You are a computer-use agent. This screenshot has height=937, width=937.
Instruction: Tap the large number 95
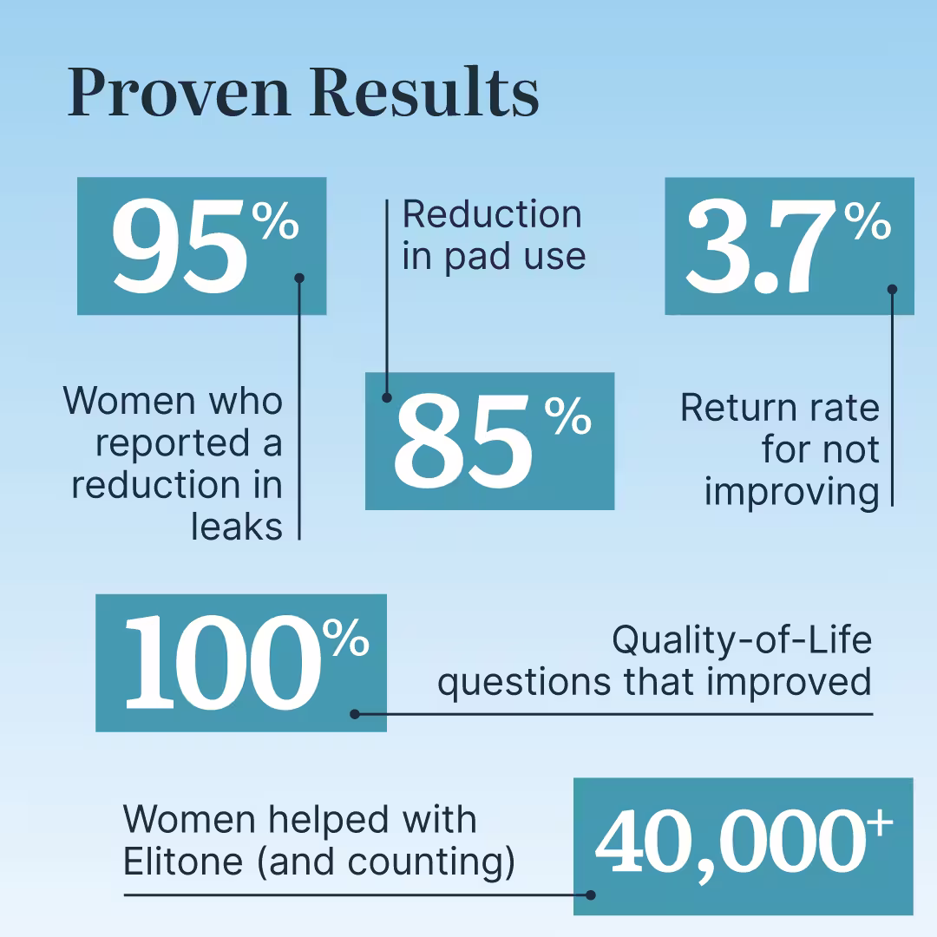pos(180,246)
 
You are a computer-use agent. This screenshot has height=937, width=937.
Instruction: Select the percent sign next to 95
pos(275,220)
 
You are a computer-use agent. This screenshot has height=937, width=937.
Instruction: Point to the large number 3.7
pos(762,246)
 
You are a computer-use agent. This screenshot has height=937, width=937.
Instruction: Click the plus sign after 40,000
pos(881,822)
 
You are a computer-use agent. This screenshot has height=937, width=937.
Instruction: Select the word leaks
pos(237,527)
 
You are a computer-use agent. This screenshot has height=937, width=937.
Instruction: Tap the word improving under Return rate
pos(792,493)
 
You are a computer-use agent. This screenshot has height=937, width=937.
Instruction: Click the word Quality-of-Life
pos(742,639)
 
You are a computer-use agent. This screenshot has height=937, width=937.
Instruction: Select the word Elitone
pos(183,862)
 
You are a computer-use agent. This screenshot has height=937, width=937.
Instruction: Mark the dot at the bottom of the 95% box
pos(299,278)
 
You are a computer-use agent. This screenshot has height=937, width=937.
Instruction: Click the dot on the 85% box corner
pos(387,397)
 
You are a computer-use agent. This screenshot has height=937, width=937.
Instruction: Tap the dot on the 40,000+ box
pos(591,895)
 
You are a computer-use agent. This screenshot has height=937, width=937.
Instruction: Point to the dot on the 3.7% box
pos(892,289)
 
